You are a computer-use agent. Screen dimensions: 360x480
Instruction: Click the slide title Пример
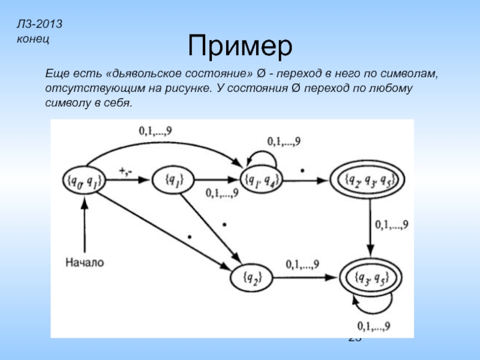(x=240, y=45)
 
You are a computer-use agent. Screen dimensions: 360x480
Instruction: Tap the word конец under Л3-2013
(x=34, y=38)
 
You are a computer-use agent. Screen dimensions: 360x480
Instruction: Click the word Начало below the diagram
(x=85, y=262)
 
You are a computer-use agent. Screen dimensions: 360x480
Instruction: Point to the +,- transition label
(x=125, y=172)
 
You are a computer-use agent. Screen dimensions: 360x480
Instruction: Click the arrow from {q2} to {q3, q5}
(x=306, y=277)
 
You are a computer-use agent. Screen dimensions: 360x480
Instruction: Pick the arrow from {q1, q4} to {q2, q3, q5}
(x=306, y=179)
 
